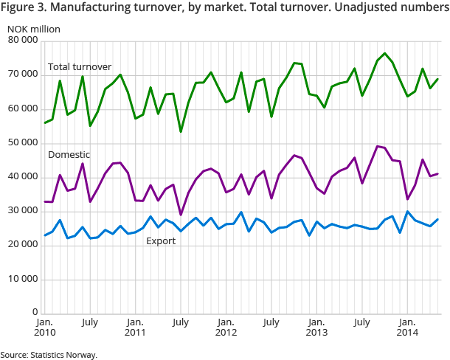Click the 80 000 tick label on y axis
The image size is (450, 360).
21,41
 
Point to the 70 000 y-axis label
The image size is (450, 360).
21,75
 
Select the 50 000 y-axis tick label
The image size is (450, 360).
21,142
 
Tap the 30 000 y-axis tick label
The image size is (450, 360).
21,210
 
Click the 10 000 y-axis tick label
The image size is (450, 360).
21,279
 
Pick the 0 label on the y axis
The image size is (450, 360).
34,313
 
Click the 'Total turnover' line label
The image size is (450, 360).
78,67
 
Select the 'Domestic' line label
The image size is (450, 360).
69,155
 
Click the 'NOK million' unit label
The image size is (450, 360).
34,29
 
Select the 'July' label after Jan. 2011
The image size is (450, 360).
180,322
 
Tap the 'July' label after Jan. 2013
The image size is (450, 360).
361,322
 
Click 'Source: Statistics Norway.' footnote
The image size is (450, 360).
49,355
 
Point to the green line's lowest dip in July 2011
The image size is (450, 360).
181,131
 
